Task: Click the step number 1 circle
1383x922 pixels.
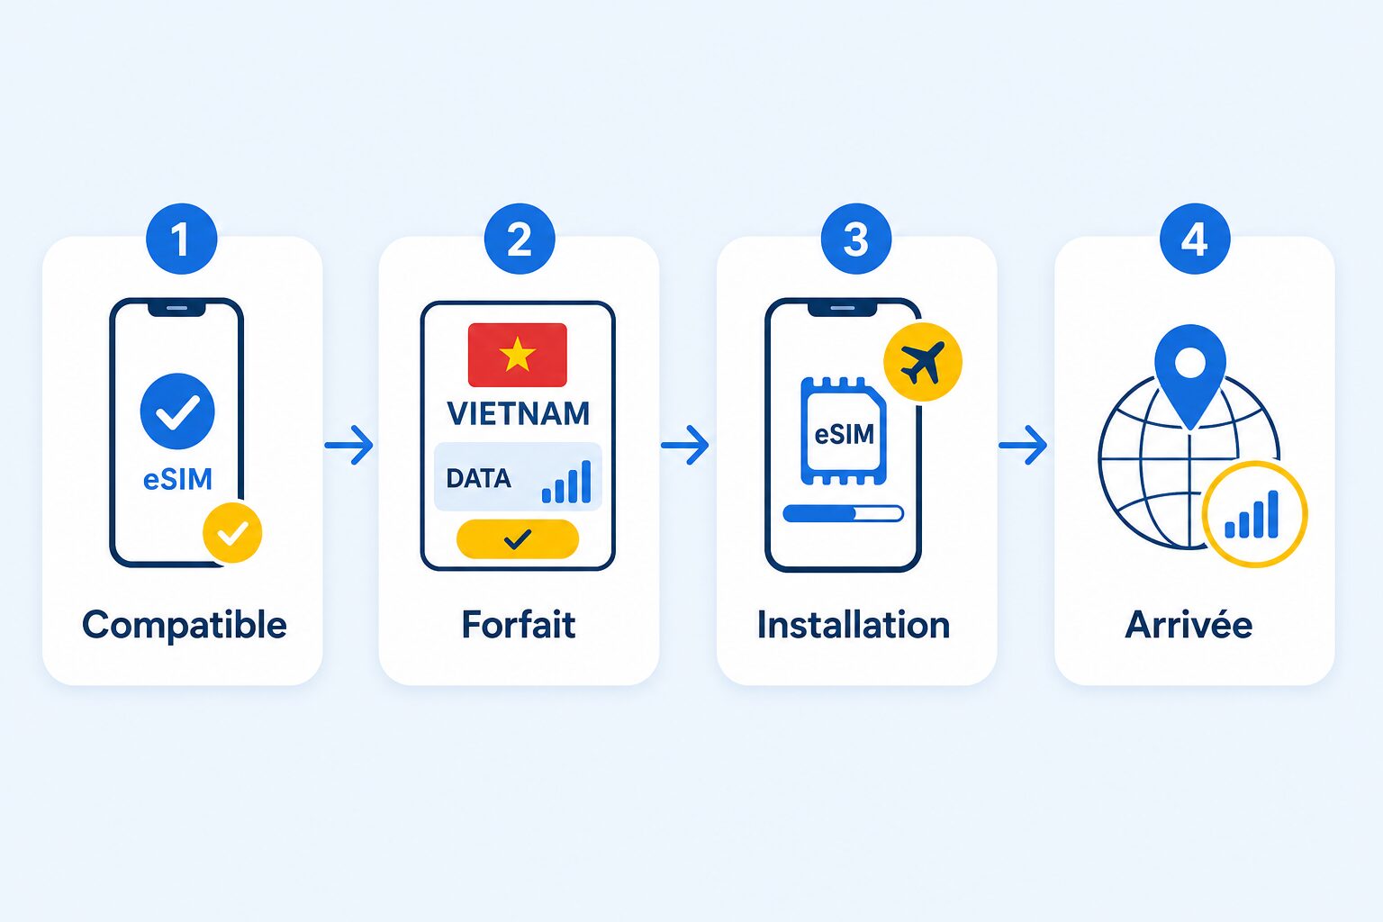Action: point(182,239)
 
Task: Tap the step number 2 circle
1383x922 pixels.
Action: point(520,239)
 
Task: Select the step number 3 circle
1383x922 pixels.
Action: point(856,239)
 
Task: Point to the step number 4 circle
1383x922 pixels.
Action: point(1195,239)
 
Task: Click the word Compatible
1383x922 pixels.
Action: point(185,625)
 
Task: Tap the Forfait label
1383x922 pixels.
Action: point(519,624)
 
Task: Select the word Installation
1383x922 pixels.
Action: point(854,624)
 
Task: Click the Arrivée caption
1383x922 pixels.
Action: point(1189,624)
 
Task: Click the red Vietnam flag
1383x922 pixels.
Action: point(518,355)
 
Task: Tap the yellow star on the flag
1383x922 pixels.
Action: point(518,356)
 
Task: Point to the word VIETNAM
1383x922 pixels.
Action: point(518,414)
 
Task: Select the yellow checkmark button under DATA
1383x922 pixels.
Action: point(518,539)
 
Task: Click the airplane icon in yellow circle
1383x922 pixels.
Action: point(922,362)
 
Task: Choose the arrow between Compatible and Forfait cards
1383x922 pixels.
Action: point(349,445)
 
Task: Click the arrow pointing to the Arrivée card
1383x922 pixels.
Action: point(1023,445)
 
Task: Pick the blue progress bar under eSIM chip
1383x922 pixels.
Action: point(844,513)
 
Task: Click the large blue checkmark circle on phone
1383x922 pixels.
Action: point(177,411)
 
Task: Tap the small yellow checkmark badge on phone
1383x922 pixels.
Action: point(233,532)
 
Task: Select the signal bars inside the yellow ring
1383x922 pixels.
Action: point(1252,514)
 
